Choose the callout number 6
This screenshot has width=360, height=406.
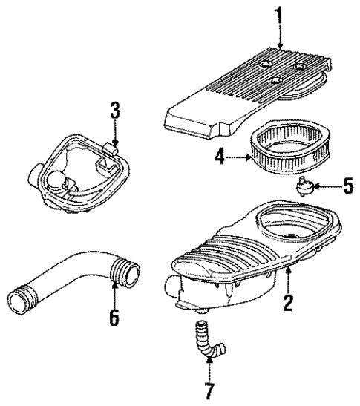114,318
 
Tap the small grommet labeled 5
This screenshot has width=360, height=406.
303,185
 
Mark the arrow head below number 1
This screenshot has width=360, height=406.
281,49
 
